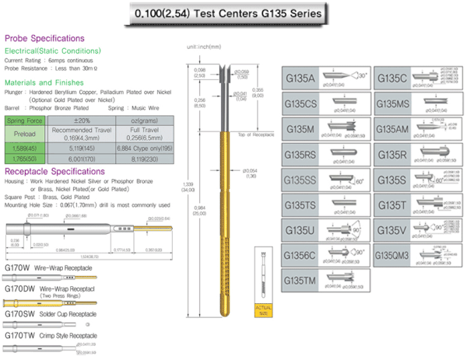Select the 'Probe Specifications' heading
click(45, 38)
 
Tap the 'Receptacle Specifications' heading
click(56, 171)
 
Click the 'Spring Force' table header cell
click(25, 121)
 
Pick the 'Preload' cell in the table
click(25, 134)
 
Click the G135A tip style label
click(302, 79)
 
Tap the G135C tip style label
click(392, 79)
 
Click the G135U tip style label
click(302, 230)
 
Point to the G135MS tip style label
click(394, 103)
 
